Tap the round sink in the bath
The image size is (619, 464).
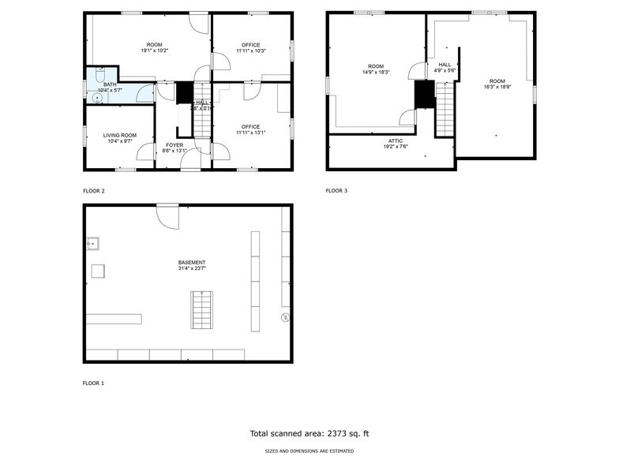[99, 98]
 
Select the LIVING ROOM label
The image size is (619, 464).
[119, 135]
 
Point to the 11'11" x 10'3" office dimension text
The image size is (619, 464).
[251, 51]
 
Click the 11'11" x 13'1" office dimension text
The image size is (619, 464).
[251, 132]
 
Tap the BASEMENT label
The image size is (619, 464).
[192, 262]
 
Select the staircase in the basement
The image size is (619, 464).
[201, 309]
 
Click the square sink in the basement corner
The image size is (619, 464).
[92, 243]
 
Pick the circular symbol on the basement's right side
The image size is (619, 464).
[285, 318]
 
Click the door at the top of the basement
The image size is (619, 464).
[168, 215]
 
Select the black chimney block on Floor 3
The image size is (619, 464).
[425, 94]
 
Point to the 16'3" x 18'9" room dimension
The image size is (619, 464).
[496, 87]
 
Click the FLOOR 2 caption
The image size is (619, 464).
[94, 191]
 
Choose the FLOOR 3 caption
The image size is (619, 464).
[336, 191]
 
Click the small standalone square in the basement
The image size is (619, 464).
[98, 271]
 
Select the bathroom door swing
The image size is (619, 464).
[144, 94]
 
